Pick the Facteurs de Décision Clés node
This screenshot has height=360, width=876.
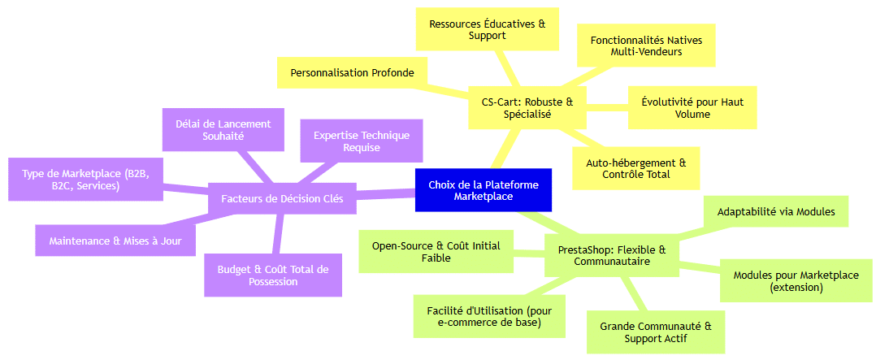point(282,198)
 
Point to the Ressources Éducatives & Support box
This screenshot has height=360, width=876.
point(488,29)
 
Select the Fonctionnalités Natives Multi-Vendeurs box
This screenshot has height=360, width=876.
point(646,46)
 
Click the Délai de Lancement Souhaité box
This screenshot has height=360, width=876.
point(223,130)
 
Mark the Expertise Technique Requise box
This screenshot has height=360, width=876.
point(362,141)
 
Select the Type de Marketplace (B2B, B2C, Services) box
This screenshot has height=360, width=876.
point(85,180)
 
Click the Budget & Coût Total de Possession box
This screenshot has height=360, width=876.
point(273,275)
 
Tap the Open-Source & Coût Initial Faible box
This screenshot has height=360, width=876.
point(436,251)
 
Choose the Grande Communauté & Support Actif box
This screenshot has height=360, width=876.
point(655,332)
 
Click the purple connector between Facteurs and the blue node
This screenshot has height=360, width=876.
point(386,194)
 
